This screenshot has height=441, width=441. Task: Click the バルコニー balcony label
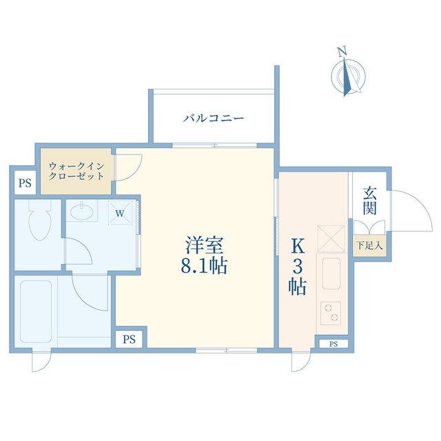point(213,118)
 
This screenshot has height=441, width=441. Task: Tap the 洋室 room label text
point(205,245)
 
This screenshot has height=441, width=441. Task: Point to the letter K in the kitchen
point(298,247)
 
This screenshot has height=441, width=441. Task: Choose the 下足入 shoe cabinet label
point(369,245)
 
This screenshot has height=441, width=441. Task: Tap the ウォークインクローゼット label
point(76,171)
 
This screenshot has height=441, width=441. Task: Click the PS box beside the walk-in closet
point(25,183)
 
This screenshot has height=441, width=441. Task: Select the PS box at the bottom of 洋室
point(129,340)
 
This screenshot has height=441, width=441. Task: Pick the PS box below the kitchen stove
point(334,344)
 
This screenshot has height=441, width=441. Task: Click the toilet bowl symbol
point(40,220)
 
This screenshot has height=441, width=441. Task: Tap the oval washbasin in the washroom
point(81,211)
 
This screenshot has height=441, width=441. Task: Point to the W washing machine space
point(120,213)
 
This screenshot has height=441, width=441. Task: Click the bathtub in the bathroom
point(35,311)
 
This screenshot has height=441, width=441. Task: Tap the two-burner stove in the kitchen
point(331,314)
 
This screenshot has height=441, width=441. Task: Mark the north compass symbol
point(349,76)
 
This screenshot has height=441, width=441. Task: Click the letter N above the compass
point(342,52)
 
